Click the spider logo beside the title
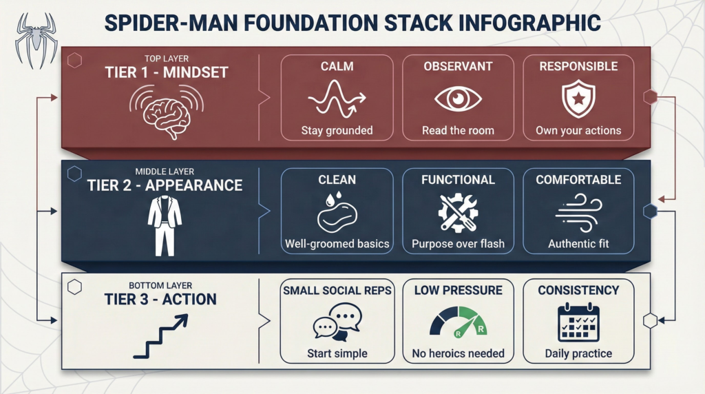36,41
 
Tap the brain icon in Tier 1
167,112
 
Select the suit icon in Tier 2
165,225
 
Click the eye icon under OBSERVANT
458,98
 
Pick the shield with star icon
578,99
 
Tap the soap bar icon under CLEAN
337,211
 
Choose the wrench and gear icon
458,213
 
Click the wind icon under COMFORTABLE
578,213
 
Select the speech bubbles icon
337,322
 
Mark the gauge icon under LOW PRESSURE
458,322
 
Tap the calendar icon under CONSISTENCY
578,322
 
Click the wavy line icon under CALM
337,98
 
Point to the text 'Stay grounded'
337,130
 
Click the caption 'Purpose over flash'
458,244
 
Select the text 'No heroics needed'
458,353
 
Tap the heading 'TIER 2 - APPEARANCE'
165,185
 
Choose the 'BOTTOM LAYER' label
160,286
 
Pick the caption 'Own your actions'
578,130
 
